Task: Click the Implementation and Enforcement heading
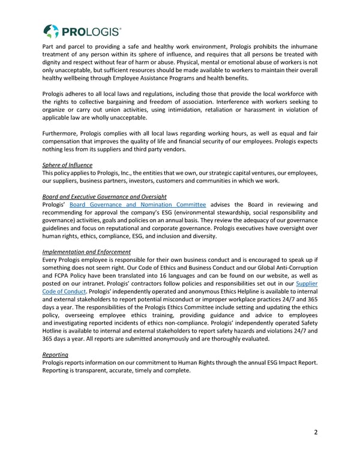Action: pyautogui.click(x=86, y=252)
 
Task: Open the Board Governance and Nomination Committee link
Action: pyautogui.click(x=138, y=205)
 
